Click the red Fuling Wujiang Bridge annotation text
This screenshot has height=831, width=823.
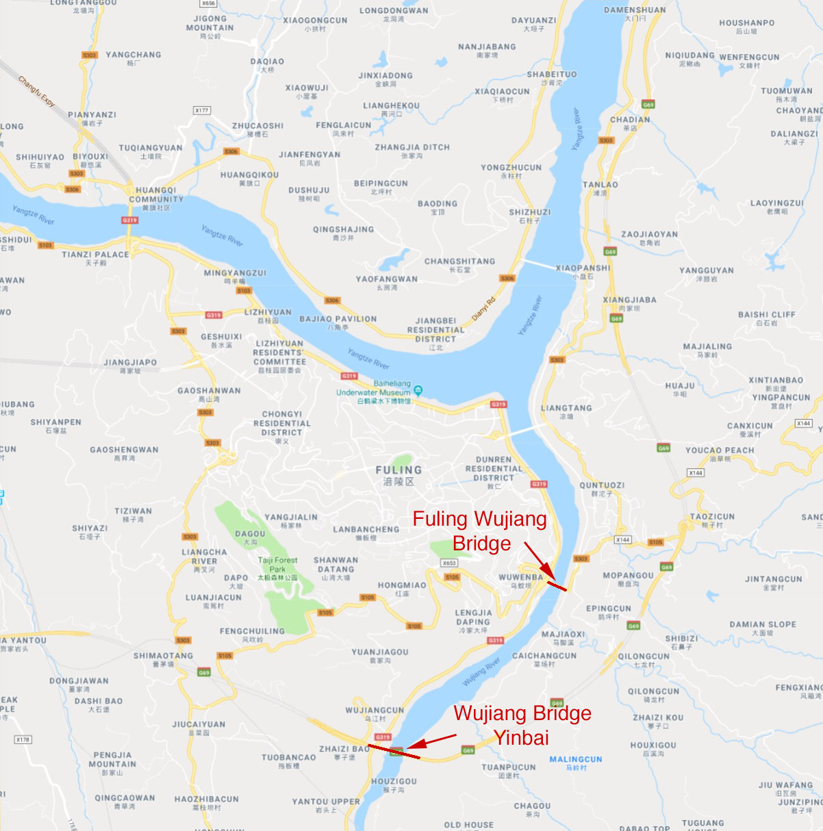click(x=479, y=530)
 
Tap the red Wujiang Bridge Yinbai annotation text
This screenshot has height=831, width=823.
click(x=522, y=725)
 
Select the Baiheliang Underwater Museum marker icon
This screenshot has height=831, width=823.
click(x=418, y=390)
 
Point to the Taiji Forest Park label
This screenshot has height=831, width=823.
click(x=277, y=565)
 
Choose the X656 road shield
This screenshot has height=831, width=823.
click(x=208, y=3)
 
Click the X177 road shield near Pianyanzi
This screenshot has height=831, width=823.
click(x=202, y=110)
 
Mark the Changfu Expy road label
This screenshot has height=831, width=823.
click(x=36, y=91)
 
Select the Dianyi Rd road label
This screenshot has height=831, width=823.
click(x=483, y=309)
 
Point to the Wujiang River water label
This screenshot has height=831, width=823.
click(x=482, y=672)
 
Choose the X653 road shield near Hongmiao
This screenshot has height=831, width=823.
click(x=448, y=563)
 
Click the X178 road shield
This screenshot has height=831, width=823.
click(x=23, y=739)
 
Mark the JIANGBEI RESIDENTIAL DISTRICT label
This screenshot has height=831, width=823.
click(x=435, y=329)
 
